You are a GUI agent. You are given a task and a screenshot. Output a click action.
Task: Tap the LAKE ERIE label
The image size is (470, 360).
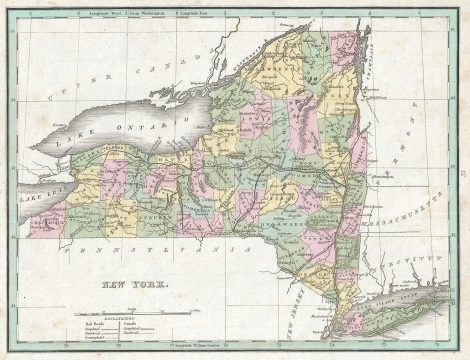click(x=44, y=184)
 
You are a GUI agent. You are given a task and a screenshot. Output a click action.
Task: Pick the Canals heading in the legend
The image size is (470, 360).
click(x=131, y=324)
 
